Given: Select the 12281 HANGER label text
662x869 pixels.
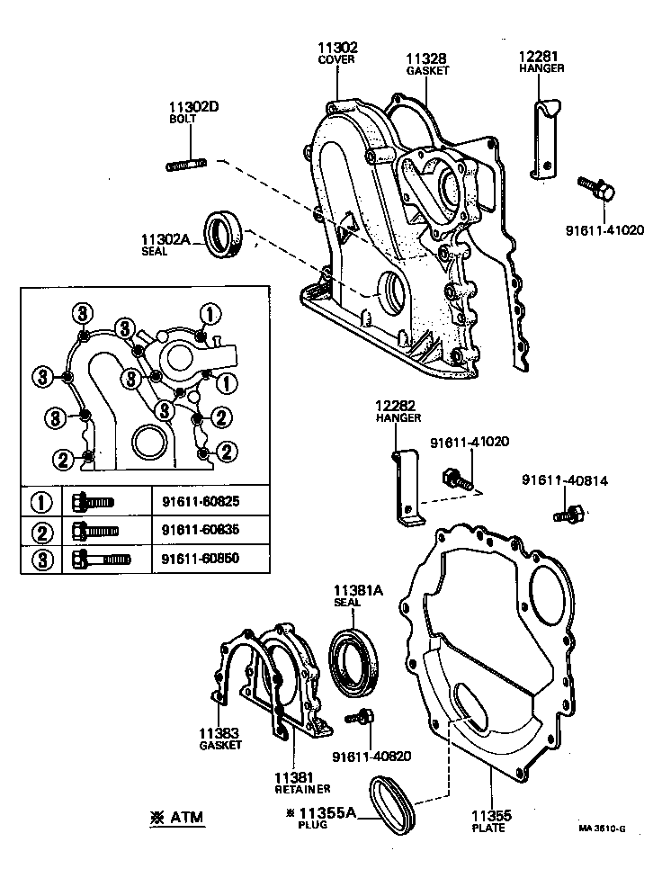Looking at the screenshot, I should pos(541,60).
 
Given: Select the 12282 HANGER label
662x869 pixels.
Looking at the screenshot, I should pos(396,412).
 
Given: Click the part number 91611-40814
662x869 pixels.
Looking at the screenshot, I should pos(564,481).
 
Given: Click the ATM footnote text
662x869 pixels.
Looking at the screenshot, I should pos(177,818).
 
